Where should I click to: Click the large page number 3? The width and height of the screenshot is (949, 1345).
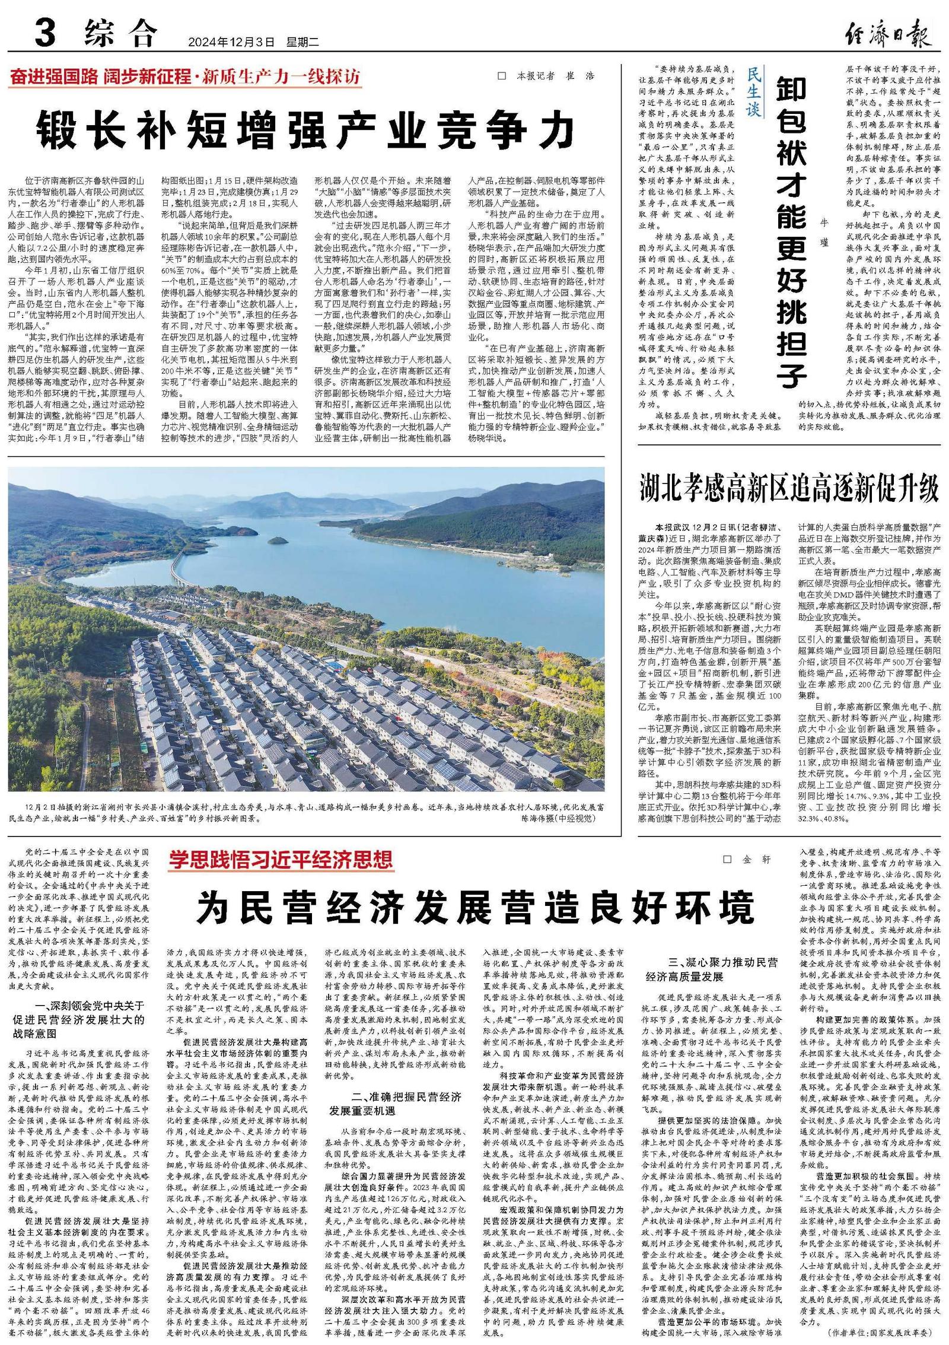(45, 34)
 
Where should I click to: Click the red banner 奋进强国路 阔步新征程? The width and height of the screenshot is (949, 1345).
(184, 77)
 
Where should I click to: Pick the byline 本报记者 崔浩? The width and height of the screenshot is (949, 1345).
(545, 77)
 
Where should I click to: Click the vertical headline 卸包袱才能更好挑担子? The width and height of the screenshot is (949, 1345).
(791, 231)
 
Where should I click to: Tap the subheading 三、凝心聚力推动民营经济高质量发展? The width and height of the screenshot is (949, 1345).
(712, 969)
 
